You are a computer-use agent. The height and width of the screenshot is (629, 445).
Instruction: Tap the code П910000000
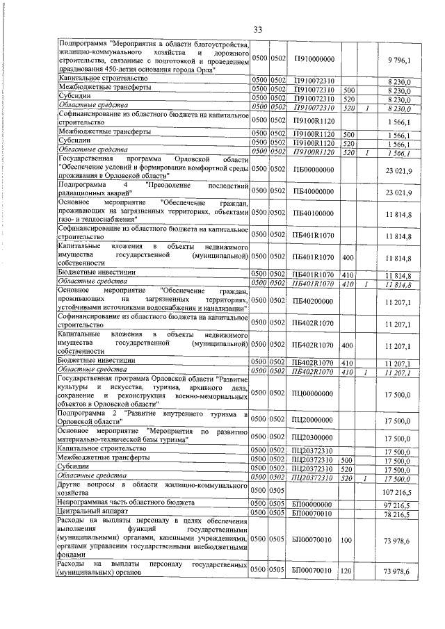(314, 59)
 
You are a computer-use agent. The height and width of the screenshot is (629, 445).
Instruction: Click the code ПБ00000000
(314, 171)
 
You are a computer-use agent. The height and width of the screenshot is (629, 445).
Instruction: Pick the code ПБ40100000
(314, 213)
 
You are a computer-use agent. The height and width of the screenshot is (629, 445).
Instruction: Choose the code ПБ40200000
(314, 301)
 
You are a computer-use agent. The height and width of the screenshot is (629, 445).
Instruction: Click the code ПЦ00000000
(314, 393)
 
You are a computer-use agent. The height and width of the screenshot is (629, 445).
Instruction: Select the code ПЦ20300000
(314, 436)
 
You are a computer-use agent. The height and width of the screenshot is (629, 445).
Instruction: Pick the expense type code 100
(349, 538)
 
